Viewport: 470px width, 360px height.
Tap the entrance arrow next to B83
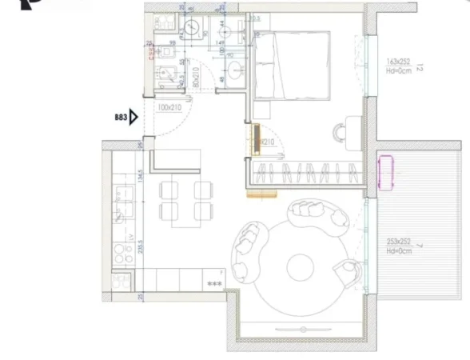[x=136, y=118]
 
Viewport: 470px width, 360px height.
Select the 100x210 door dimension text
[x=169, y=106]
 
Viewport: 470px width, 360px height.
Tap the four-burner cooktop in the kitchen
[x=123, y=254]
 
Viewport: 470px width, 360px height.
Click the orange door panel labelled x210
[x=257, y=139]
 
